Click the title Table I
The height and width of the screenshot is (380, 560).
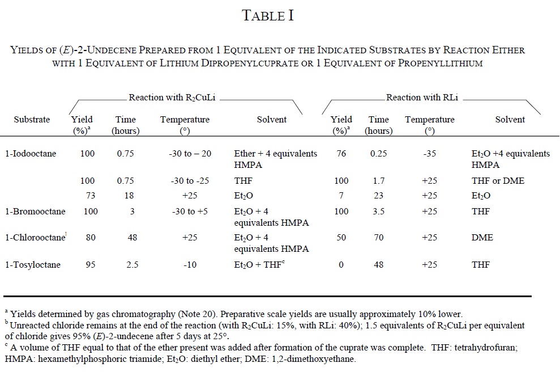268,16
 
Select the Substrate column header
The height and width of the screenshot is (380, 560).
32,120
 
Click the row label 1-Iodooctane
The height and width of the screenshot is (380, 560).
30,154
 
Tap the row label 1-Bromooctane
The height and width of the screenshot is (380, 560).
35,212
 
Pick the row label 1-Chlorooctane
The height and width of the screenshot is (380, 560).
35,238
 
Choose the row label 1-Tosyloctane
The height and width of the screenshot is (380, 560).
32,265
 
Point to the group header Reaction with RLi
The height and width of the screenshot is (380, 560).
422,98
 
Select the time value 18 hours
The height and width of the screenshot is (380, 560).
132,196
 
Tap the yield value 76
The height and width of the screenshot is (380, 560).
341,154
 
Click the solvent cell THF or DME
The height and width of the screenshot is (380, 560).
498,181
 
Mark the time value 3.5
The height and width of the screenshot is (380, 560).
378,212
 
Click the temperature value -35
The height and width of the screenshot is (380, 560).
429,154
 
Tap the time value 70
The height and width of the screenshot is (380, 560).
378,238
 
